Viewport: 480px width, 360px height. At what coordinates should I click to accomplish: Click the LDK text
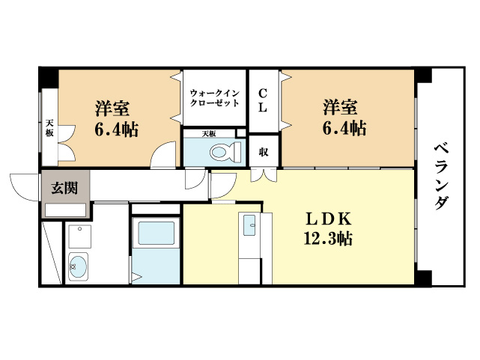[328, 219]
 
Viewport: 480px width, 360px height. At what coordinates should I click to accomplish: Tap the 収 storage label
[264, 152]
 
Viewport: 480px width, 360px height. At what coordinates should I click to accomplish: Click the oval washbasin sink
[77, 266]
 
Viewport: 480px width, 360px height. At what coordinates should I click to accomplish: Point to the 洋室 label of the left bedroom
[112, 106]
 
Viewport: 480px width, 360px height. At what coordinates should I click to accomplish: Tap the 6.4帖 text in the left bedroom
[116, 129]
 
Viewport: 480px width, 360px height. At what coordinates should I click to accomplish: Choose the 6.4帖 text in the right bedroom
[344, 129]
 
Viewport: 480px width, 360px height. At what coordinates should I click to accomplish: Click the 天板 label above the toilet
[209, 133]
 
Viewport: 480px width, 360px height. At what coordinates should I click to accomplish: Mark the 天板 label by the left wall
[49, 128]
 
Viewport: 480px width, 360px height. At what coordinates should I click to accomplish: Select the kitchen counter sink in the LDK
[249, 222]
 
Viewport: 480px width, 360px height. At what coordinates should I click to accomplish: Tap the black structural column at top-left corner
[48, 76]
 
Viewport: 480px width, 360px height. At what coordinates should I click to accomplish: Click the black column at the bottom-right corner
[425, 278]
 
